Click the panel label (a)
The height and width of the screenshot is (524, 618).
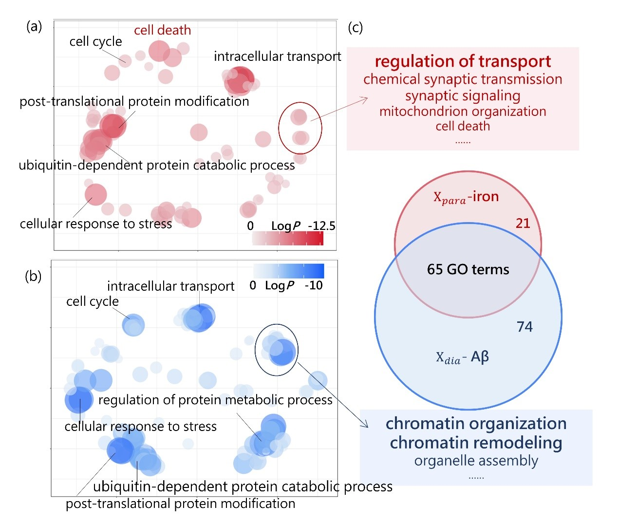coord(34,26)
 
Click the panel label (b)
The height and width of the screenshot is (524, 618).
coord(33,276)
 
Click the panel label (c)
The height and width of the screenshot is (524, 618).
coord(355,27)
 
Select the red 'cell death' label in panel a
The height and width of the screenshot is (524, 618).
coord(162,30)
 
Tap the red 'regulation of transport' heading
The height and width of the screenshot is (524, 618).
coord(463,62)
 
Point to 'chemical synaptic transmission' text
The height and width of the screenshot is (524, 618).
coord(463,79)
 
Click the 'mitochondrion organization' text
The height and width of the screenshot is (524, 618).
coord(463,112)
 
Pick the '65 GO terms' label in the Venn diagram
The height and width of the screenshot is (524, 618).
coord(468,269)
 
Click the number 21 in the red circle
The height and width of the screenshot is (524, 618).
coord(523,223)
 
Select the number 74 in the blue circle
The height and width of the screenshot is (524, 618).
coord(524,327)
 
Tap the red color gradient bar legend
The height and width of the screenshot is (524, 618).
coord(288,238)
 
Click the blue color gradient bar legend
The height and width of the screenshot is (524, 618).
coord(288,271)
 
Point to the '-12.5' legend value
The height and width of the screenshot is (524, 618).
coord(321,226)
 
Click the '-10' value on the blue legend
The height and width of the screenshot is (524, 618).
coord(314,285)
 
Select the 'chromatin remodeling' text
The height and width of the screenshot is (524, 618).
coord(476,443)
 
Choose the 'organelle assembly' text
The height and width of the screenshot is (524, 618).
coord(476,461)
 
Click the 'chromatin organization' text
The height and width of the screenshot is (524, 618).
coord(476,424)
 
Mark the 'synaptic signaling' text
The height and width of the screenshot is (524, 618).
coord(463,95)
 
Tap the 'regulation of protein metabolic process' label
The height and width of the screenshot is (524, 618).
coord(215,400)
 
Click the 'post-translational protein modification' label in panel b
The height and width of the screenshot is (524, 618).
coord(180,504)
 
